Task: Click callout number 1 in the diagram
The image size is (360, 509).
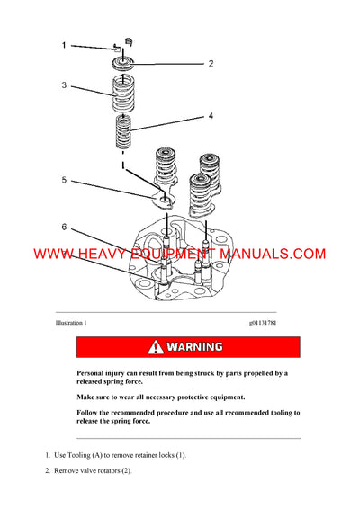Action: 64,44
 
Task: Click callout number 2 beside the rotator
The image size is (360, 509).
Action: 211,64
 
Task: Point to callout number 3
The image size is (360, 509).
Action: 64,85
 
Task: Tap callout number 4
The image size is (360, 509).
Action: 211,116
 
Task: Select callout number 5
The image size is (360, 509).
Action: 64,180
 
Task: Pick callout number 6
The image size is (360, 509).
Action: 64,226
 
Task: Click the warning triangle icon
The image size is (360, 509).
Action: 157,346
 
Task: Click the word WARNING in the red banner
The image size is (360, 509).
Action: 196,346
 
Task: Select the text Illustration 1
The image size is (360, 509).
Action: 71,322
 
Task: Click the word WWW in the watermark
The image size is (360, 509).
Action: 53,254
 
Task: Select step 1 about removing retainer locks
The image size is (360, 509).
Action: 116,456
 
